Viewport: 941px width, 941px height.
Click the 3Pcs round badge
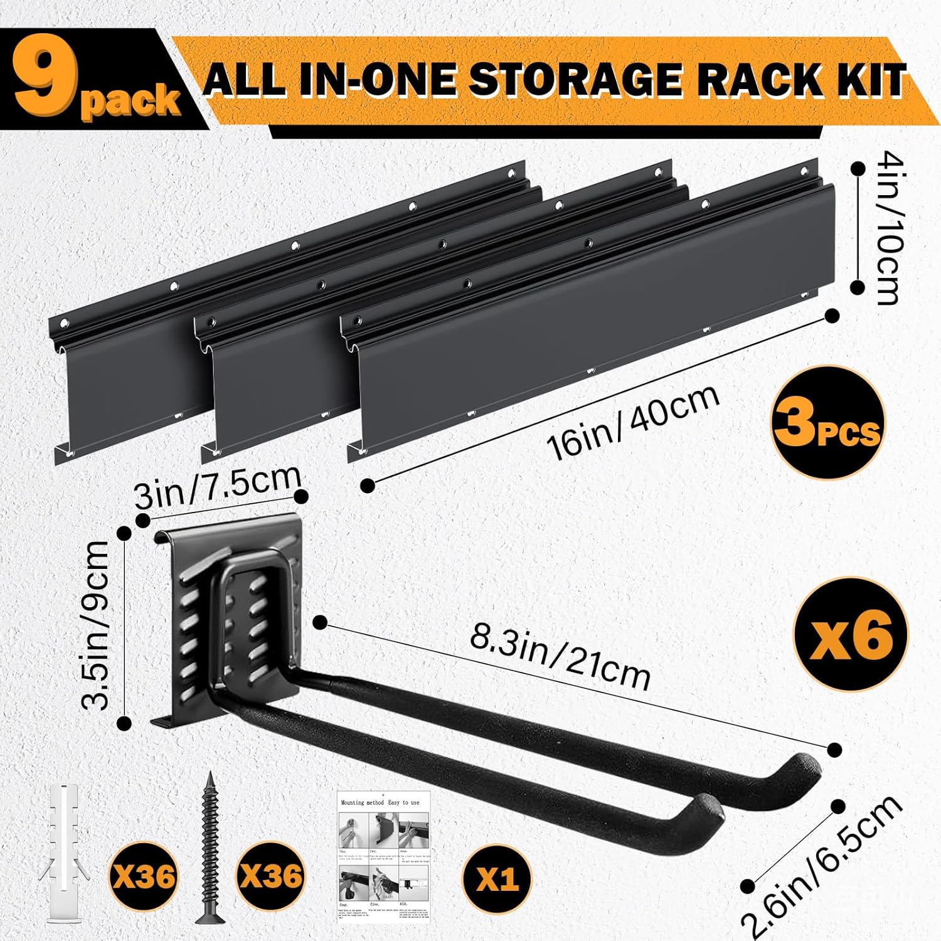point(827,423)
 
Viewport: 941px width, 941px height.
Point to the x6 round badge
point(850,634)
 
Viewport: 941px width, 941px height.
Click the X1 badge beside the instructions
point(497,879)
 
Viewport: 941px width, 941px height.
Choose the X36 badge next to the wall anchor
point(144,876)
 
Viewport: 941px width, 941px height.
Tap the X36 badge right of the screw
point(272,876)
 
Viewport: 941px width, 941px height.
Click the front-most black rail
point(583,320)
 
